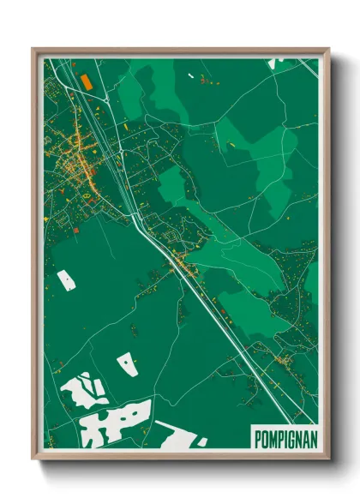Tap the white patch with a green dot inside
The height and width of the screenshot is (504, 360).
pos(127,363)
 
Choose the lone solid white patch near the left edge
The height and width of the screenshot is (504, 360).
pos(66,279)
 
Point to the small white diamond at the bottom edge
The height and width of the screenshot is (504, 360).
pos(201,442)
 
